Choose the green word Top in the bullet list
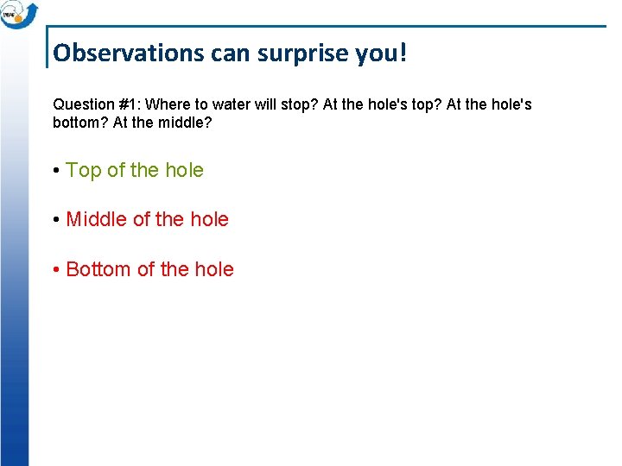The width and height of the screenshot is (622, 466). pos(84,170)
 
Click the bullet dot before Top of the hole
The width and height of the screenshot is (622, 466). pos(56,171)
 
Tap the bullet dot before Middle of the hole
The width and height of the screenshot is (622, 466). pos(56,220)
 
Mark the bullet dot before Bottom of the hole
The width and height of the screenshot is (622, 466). pos(56,270)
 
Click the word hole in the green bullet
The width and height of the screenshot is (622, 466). pos(184,170)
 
